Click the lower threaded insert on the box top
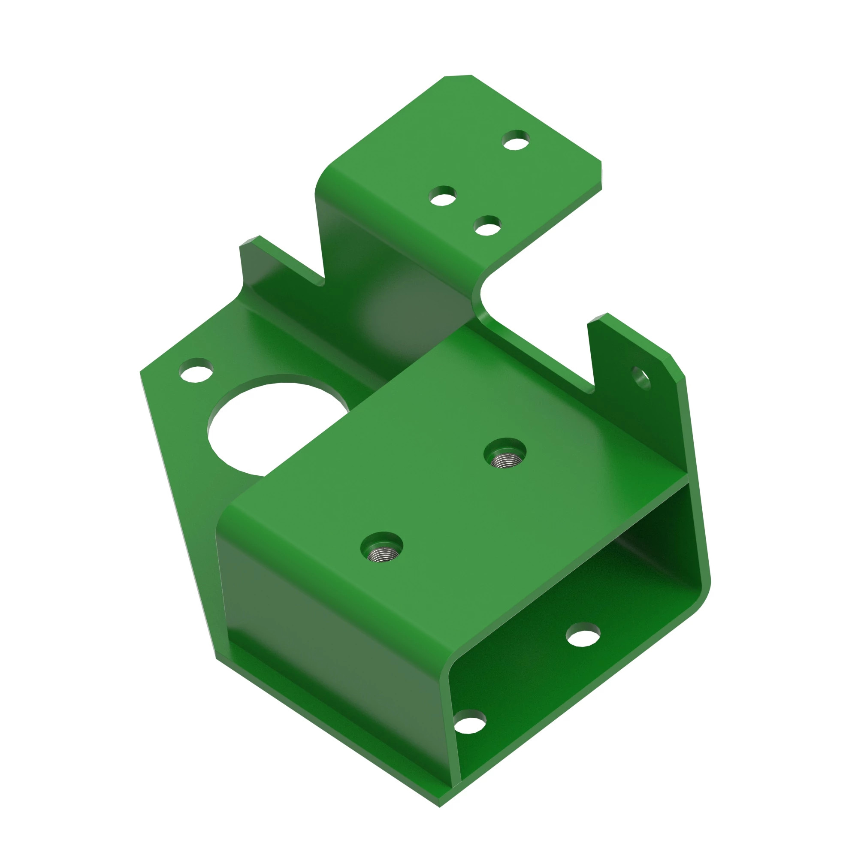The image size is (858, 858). point(381,547)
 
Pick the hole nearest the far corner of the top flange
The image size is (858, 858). point(516,140)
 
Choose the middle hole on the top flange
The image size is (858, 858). point(442,196)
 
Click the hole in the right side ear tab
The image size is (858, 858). point(640,378)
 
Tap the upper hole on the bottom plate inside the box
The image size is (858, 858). point(583,634)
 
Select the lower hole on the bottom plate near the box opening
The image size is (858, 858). point(470,722)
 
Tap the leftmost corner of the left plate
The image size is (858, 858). point(141,372)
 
